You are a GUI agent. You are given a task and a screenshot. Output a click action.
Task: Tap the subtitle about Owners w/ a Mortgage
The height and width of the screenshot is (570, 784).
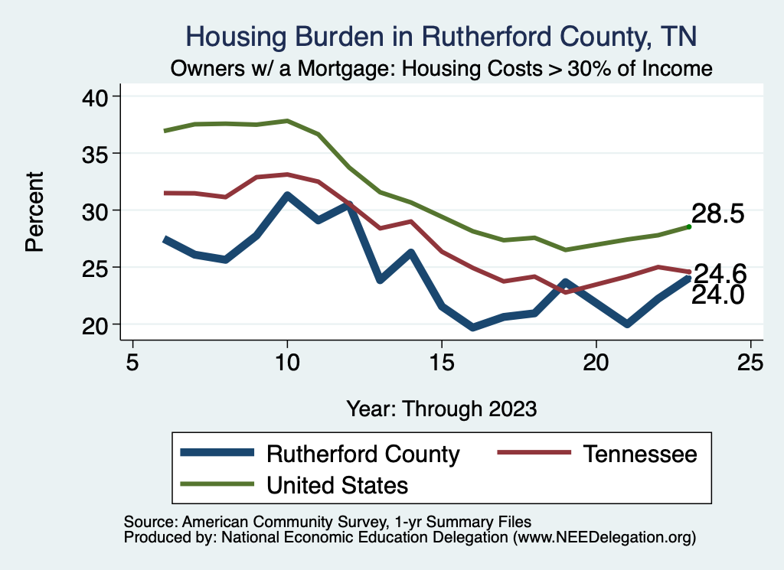pos(442,69)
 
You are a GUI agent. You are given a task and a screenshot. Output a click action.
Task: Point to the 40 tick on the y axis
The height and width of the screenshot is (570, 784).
pos(97,96)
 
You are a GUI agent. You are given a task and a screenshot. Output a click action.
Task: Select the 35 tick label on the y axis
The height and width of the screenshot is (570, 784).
pos(97,154)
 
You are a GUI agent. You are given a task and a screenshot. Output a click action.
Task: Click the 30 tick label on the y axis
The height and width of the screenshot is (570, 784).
pos(97,210)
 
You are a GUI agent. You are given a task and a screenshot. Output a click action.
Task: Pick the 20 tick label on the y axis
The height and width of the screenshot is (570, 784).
pos(97,324)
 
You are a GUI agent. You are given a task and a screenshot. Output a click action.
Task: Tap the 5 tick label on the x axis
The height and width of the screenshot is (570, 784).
pos(132,362)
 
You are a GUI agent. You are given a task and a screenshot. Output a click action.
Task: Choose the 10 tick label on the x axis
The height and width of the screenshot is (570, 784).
pos(287,362)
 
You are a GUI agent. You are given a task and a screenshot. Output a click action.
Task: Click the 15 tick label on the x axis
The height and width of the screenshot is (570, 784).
pos(441,362)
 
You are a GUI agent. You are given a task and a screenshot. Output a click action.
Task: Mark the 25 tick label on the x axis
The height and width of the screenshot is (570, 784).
pos(750,362)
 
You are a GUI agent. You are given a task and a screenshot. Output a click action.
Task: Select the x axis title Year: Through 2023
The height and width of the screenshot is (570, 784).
pos(442,408)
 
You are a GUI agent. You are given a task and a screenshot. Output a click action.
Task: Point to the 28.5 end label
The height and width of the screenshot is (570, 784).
pos(718,214)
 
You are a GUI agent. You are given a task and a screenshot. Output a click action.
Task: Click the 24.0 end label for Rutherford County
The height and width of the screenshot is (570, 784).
pos(718,295)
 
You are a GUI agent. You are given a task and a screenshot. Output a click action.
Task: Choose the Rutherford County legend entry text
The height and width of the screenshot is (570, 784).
pos(363,454)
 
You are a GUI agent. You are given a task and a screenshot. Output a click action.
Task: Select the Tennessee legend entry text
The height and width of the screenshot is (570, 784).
pos(640,454)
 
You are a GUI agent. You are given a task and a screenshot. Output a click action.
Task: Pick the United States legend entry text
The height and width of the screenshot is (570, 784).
pos(337,484)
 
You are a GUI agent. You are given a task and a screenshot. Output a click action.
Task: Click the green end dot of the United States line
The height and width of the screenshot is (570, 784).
pos(689,226)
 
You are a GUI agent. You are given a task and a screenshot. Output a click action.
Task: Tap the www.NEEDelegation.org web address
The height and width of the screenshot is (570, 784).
pos(604,538)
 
